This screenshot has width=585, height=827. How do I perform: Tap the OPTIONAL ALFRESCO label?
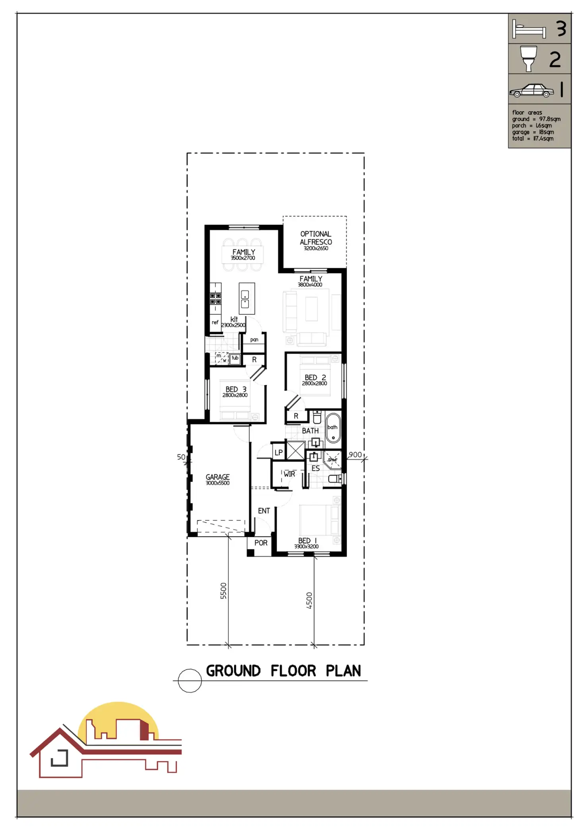pyautogui.click(x=316, y=238)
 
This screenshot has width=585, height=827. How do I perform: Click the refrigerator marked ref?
pyautogui.click(x=215, y=323)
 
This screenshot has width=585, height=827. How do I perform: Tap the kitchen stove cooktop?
pyautogui.click(x=215, y=298)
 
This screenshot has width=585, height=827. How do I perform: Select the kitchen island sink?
pyautogui.click(x=245, y=299)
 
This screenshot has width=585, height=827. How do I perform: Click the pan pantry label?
pyautogui.click(x=254, y=340)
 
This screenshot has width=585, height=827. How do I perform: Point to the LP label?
pyautogui.click(x=279, y=452)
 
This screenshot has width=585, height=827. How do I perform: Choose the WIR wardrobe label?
pyautogui.click(x=289, y=474)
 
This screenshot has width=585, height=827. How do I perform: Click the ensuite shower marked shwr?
pyautogui.click(x=332, y=460)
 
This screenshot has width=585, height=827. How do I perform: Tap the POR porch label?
pyautogui.click(x=261, y=543)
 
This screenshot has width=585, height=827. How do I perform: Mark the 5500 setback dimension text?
pyautogui.click(x=223, y=591)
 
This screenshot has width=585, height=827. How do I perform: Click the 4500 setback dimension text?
pyautogui.click(x=309, y=600)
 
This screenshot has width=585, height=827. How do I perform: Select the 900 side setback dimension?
pyautogui.click(x=355, y=455)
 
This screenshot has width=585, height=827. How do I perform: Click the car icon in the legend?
pyautogui.click(x=531, y=91)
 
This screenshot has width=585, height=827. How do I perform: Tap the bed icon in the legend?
pyautogui.click(x=529, y=29)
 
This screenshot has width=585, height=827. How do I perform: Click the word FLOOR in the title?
pyautogui.click(x=293, y=671)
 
